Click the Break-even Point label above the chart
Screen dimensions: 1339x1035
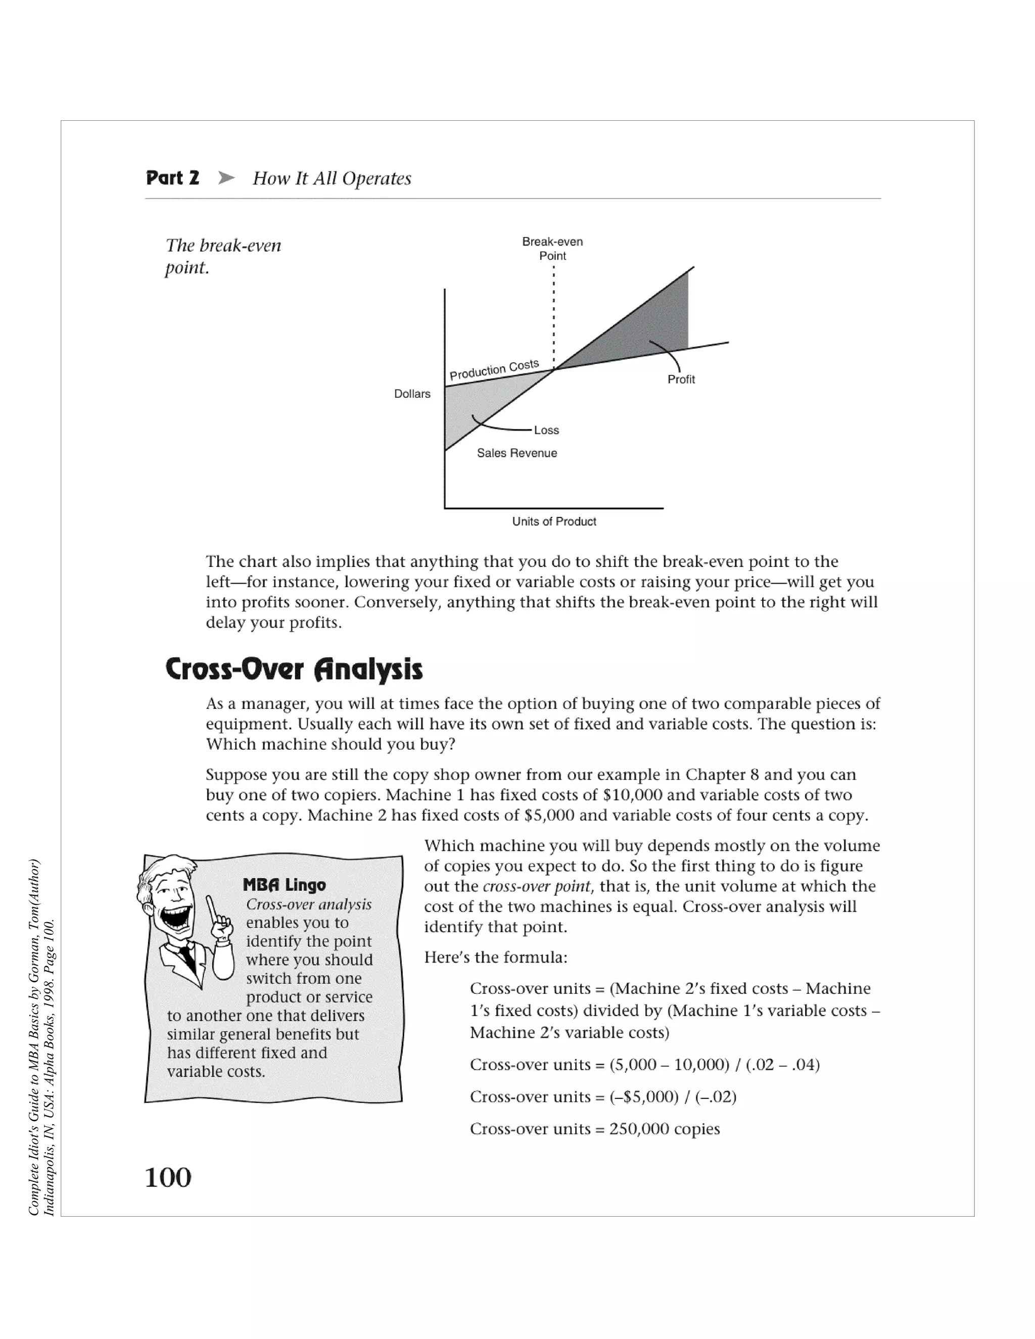pyautogui.click(x=552, y=248)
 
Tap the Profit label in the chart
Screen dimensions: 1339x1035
pyautogui.click(x=681, y=379)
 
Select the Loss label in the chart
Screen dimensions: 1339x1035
pyautogui.click(x=546, y=431)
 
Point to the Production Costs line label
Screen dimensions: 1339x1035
pyautogui.click(x=494, y=370)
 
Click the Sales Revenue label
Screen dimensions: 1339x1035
pyautogui.click(x=517, y=453)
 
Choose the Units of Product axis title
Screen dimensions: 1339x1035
pyautogui.click(x=554, y=522)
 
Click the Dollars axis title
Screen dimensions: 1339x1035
pyautogui.click(x=412, y=394)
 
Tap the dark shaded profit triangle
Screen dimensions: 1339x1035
pyautogui.click(x=650, y=325)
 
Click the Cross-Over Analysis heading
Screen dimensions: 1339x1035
pyautogui.click(x=294, y=669)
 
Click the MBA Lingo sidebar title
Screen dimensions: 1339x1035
pyautogui.click(x=284, y=885)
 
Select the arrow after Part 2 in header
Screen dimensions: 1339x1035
pyautogui.click(x=226, y=178)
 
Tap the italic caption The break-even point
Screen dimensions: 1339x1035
pyautogui.click(x=222, y=256)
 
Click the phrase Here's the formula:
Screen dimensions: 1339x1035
pyautogui.click(x=495, y=958)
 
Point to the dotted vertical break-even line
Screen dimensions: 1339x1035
pyautogui.click(x=554, y=319)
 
